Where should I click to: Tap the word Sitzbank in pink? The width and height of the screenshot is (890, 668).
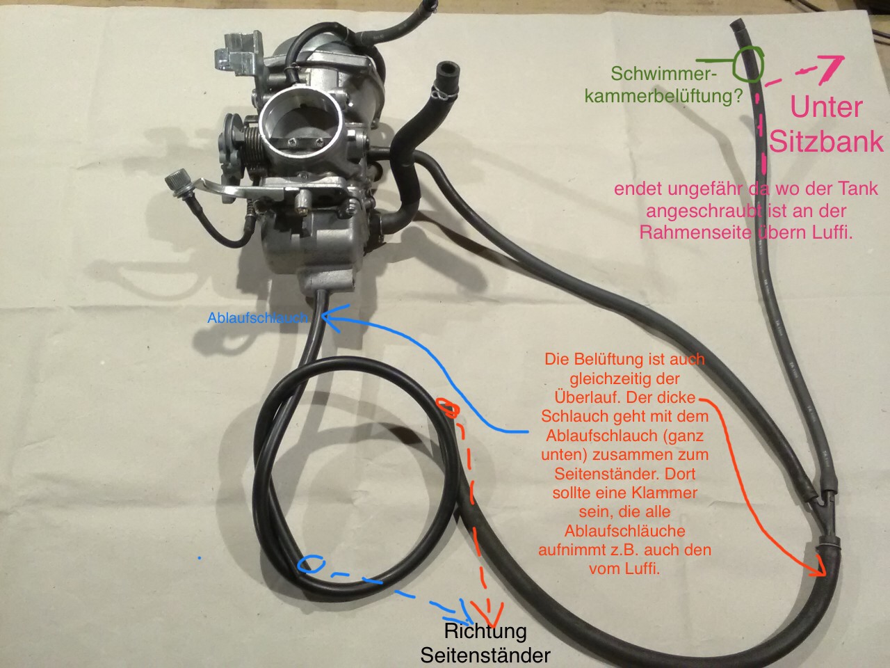tap(827, 141)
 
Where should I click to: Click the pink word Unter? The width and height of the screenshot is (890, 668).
tap(827, 106)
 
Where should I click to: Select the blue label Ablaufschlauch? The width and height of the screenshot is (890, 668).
tap(257, 318)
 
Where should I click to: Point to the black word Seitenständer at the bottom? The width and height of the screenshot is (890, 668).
tap(485, 655)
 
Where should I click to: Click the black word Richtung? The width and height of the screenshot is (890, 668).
tap(485, 632)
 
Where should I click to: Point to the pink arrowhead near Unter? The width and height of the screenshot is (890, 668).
tap(832, 67)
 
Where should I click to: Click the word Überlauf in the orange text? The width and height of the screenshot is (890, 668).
tap(583, 397)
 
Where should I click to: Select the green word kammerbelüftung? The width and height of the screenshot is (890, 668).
tap(664, 96)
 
